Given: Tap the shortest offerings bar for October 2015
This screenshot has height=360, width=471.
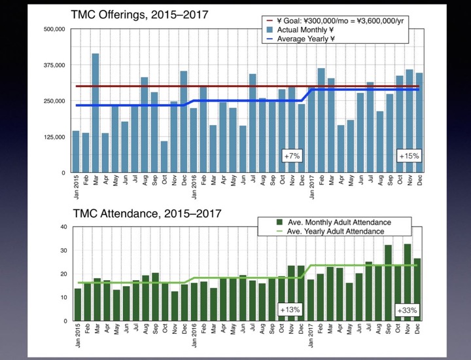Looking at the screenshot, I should click(x=164, y=156).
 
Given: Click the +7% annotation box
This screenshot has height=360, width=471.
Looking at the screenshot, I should click(x=291, y=156).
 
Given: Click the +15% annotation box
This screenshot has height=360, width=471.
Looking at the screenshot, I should click(x=409, y=156).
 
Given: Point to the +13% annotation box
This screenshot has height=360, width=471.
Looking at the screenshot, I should click(x=290, y=310).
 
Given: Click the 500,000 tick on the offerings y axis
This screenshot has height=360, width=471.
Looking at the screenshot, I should click(x=54, y=30).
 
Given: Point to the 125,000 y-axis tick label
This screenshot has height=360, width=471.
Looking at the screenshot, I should click(x=54, y=137).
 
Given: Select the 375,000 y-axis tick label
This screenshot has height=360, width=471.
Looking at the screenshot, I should click(x=54, y=65).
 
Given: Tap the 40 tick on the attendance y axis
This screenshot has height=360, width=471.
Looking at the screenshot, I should click(x=63, y=227).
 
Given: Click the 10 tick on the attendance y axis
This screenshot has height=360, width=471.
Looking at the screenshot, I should click(x=63, y=297).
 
